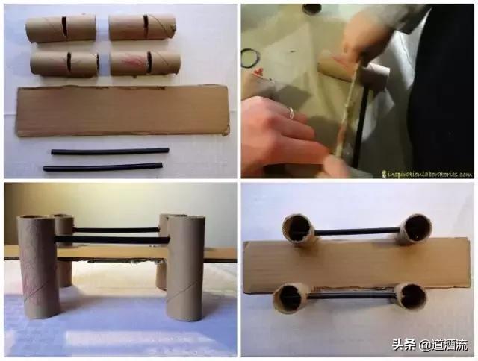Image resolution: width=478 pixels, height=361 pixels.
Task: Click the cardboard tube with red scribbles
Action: pyautogui.click(x=145, y=62)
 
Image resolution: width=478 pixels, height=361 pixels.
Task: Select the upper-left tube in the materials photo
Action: pyautogui.click(x=60, y=28)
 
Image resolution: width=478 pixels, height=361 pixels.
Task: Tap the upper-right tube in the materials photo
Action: pyautogui.click(x=142, y=27)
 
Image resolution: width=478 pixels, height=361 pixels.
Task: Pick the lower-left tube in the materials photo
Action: pyautogui.click(x=64, y=63)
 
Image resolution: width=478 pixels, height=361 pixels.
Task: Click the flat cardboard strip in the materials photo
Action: pyautogui.click(x=123, y=110)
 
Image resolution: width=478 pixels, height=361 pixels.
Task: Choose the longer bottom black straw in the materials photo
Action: pyautogui.click(x=103, y=167)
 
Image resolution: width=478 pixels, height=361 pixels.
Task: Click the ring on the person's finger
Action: pyautogui.click(x=292, y=113)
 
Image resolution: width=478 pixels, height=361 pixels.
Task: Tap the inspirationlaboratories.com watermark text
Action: pyautogui.click(x=425, y=174)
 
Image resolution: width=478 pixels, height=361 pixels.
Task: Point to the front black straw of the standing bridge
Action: pyautogui.click(x=112, y=239)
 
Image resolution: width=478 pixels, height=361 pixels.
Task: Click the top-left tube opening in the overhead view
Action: pyautogui.click(x=297, y=229)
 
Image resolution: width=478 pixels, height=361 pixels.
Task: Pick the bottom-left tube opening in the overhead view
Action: pyautogui.click(x=291, y=298)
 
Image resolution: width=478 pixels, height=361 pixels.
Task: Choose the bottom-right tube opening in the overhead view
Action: pyautogui.click(x=410, y=296)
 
